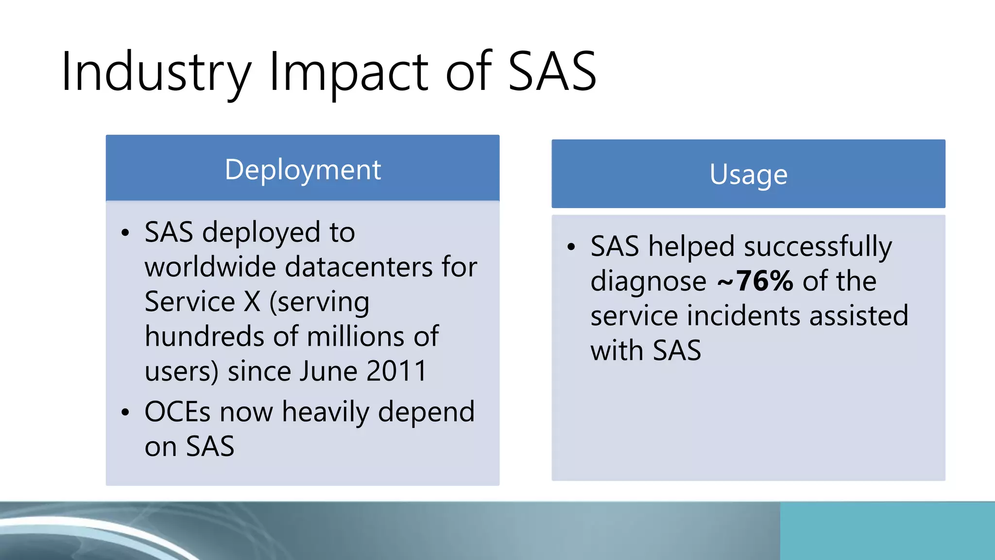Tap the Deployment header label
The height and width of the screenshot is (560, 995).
[x=303, y=170]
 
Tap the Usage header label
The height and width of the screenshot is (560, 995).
[x=748, y=175]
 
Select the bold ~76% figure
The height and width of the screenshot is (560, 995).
[x=755, y=281]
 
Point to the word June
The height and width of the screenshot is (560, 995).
[x=328, y=371]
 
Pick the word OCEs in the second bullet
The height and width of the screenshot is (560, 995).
[x=177, y=412]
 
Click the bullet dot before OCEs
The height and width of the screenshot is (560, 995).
[x=126, y=413]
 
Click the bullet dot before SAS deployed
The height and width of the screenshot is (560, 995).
[x=126, y=233]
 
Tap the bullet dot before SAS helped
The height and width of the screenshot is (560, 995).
[x=571, y=247]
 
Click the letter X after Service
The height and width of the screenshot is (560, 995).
[x=252, y=302]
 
